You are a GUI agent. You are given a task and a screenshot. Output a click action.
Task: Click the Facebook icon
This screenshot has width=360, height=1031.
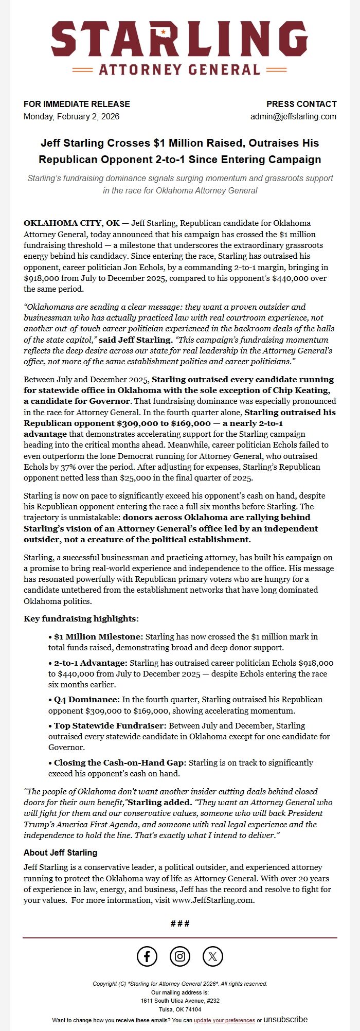147,956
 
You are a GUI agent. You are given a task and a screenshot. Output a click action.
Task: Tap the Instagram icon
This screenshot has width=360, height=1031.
180,956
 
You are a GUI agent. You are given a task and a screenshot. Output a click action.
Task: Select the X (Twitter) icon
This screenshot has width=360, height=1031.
213,956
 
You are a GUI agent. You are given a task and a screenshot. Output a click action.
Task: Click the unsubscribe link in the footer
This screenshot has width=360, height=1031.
285,1019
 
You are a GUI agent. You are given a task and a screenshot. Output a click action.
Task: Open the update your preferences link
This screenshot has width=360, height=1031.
224,1020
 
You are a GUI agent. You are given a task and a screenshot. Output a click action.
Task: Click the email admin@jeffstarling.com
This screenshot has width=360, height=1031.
293,116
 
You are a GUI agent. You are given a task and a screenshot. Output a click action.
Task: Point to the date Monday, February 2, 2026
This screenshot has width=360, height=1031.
71,116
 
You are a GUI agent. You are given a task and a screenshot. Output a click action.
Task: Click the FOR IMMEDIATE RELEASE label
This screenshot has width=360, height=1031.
77,104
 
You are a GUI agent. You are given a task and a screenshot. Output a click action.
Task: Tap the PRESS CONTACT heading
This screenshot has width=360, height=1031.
301,104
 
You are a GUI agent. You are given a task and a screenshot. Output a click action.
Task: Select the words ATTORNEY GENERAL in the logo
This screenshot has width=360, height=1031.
179,69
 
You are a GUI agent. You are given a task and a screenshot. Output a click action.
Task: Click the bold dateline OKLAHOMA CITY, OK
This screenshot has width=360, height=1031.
71,223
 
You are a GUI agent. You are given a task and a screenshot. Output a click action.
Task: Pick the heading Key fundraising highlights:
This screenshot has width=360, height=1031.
81,618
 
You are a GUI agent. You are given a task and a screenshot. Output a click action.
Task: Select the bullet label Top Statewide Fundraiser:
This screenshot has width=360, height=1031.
110,725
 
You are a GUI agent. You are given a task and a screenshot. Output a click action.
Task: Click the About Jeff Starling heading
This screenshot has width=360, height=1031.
60,852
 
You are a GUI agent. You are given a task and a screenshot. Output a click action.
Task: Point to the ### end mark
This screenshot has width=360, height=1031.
180,923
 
